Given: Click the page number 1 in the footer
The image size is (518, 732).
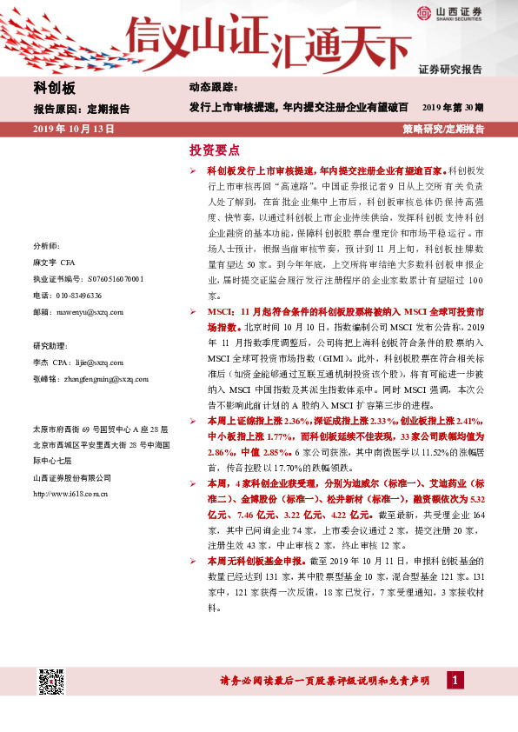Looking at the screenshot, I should click(x=454, y=680).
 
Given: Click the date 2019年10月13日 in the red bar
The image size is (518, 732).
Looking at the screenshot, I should click(x=74, y=129).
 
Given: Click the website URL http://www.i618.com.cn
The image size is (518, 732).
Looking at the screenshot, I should click(x=70, y=494).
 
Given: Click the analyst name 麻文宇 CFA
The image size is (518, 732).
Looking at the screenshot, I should click(x=56, y=263).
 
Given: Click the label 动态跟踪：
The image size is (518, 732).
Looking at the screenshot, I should click(x=213, y=88).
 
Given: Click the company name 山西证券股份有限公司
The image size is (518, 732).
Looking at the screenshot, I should click(x=72, y=477).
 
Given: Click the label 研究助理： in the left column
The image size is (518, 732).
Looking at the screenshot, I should click(x=51, y=344).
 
